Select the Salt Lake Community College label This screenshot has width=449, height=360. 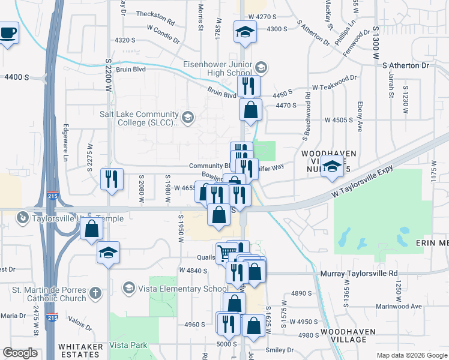point(139,118)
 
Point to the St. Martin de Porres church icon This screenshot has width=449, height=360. point(94,293)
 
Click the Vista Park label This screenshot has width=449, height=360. point(128,346)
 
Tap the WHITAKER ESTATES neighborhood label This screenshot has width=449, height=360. point(82,350)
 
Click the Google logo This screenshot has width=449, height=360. point(20,353)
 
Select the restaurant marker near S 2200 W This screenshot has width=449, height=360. point(112,179)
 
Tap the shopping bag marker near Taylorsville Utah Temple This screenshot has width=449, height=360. point(91,229)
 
